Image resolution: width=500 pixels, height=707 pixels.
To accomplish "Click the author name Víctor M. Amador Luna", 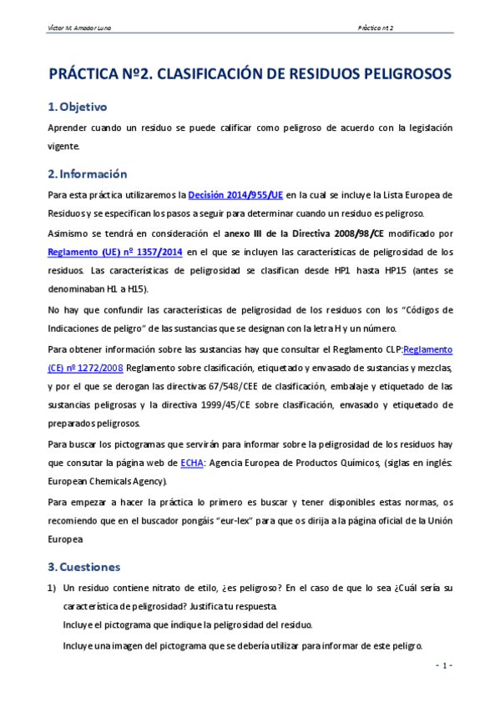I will (80, 27).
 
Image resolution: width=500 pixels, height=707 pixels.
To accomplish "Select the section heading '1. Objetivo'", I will (77, 107).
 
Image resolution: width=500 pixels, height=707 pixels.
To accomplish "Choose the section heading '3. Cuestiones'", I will (84, 567).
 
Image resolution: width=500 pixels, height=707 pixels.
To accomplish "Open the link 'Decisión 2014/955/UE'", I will (235, 195).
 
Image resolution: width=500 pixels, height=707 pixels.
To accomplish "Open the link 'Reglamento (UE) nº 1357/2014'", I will (115, 251).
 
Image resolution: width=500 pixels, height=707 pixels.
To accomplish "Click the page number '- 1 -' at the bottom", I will (442, 665).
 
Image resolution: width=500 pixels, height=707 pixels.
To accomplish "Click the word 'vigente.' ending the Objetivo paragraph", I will (64, 146).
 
